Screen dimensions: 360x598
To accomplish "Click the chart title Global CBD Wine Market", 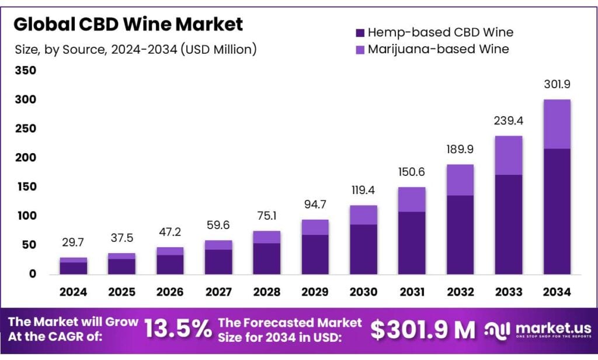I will [x=128, y=25].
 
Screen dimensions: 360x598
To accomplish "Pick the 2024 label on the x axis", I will [x=74, y=292].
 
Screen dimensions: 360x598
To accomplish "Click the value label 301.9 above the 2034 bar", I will [x=558, y=85].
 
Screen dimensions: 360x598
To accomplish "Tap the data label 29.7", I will [x=74, y=243].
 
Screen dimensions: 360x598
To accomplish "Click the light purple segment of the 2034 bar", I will [x=558, y=124].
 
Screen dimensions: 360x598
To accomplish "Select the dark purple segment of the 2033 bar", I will [x=509, y=224].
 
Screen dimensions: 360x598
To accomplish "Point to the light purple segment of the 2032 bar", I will [x=461, y=179].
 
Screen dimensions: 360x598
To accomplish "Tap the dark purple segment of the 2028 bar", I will [x=267, y=258].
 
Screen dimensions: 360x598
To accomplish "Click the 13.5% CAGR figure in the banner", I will [x=178, y=330].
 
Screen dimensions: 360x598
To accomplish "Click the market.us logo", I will [x=537, y=330].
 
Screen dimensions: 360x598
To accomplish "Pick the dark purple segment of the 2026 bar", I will [x=171, y=264].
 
